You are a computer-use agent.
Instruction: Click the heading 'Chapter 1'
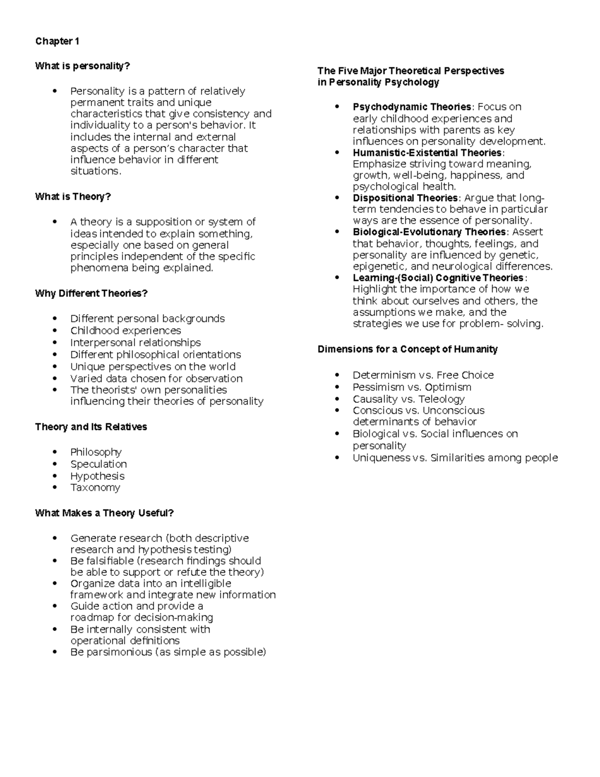(x=57, y=41)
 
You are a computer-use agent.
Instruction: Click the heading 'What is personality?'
(x=82, y=66)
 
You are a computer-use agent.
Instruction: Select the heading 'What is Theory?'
(x=73, y=197)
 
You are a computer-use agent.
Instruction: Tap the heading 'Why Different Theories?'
(x=91, y=293)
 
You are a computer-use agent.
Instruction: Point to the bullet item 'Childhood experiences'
(x=125, y=331)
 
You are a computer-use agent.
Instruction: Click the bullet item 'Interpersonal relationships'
(x=135, y=343)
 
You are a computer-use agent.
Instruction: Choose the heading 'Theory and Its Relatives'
(x=91, y=427)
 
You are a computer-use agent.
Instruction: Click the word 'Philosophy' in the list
(x=96, y=452)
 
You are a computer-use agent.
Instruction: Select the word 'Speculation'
(x=98, y=464)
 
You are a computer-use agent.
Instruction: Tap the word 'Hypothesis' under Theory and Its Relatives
(x=97, y=476)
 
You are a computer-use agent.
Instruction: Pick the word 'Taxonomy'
(x=95, y=488)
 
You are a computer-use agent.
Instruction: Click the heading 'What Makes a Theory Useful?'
(x=104, y=513)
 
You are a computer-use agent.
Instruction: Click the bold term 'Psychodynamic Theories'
(x=412, y=107)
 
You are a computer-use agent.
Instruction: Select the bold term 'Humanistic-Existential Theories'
(x=427, y=153)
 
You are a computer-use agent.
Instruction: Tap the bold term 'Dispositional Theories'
(x=405, y=198)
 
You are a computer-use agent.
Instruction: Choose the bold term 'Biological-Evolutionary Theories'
(x=429, y=232)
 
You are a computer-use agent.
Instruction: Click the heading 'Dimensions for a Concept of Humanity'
(x=407, y=349)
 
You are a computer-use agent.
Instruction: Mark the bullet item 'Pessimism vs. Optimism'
(x=412, y=387)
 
